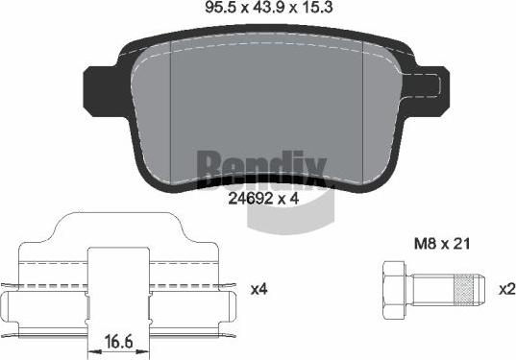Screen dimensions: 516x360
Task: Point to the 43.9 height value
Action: coord(269,8)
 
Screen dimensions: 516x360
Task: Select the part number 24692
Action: coord(251,199)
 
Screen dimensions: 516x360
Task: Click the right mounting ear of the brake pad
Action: coord(429,87)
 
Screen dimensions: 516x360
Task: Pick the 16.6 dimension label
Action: coord(119,342)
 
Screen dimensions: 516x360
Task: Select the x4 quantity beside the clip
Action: coord(259,289)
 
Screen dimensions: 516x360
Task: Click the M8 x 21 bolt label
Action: coord(442,244)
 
